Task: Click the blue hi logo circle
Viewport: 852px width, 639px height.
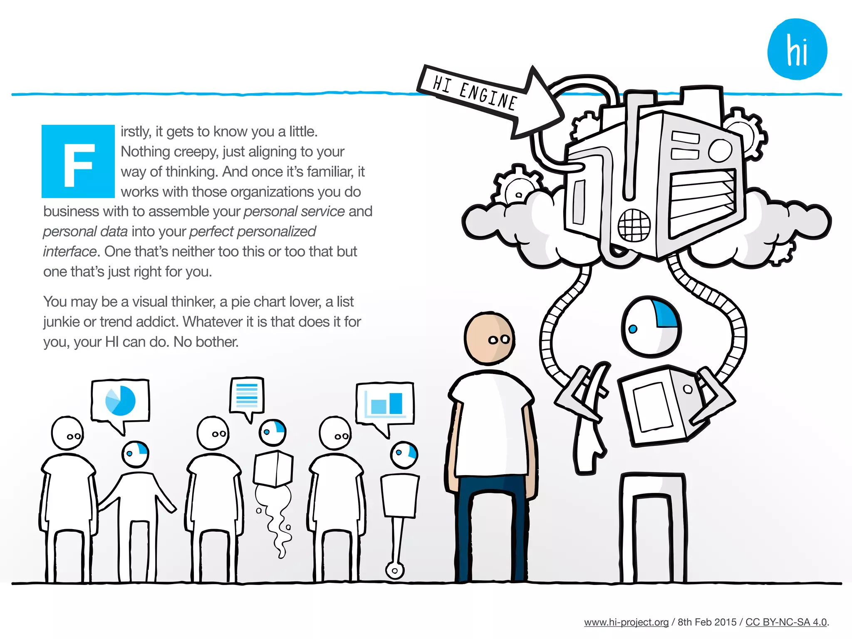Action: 797,50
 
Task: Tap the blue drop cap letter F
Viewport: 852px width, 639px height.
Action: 78,161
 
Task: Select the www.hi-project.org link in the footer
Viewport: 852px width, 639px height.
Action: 626,622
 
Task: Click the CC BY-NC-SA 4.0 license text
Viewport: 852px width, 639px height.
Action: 786,622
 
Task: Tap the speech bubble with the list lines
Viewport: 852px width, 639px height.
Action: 247,395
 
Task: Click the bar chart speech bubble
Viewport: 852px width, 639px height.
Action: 385,403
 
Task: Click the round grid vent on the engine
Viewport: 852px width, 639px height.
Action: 634,225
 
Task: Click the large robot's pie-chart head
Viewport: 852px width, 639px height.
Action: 651,327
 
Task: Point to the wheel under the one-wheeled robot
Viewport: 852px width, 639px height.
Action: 394,570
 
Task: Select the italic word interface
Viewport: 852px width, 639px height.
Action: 69,252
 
